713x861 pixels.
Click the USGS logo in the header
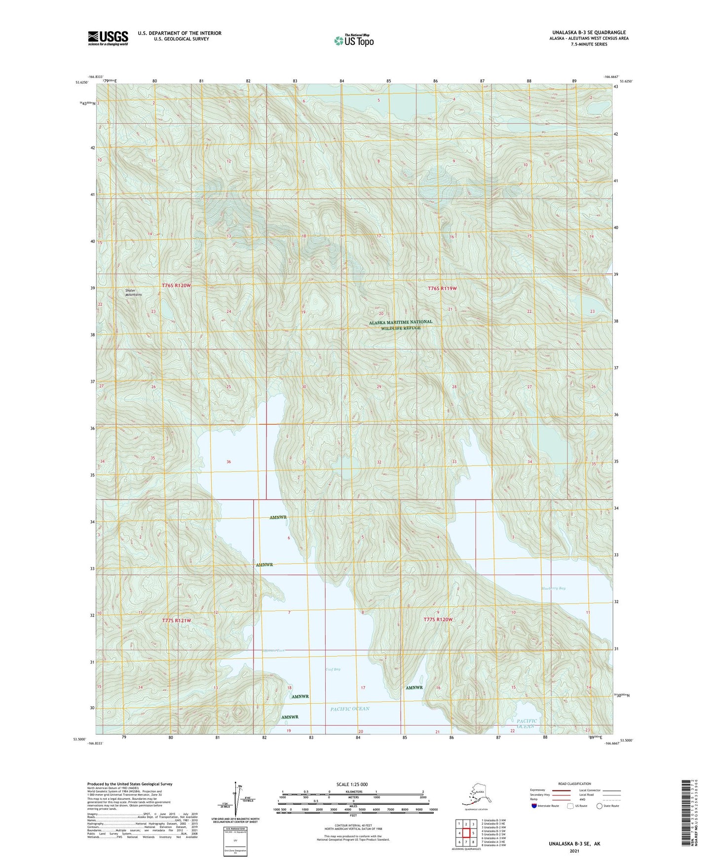108,38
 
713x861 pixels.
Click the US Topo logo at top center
353,40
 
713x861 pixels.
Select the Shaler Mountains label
133,292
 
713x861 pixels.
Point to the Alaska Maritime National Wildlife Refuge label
400,324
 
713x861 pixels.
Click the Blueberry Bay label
553,588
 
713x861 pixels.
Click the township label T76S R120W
176,286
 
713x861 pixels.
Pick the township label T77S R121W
176,620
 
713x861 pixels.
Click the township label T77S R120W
438,619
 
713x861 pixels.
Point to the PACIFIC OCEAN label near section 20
349,709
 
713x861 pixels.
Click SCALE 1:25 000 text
352,784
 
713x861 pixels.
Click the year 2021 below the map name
574,851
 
